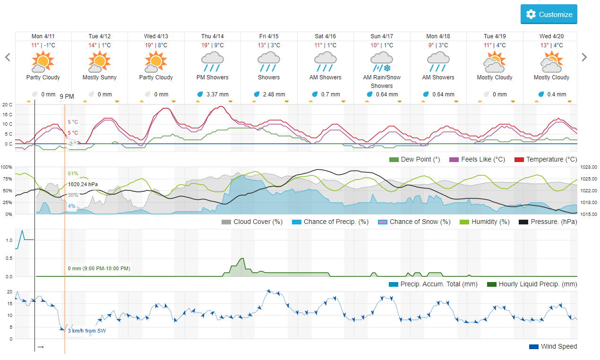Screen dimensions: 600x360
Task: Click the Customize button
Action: [549, 14]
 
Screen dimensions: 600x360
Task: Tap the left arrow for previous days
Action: [8, 57]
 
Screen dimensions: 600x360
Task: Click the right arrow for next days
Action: [584, 57]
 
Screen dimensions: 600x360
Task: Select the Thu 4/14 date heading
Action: [213, 36]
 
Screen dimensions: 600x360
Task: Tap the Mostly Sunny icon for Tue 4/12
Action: [99, 61]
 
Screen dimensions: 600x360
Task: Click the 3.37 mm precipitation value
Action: [217, 94]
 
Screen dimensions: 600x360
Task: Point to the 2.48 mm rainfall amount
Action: [274, 94]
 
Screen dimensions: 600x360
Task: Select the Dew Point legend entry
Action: [415, 159]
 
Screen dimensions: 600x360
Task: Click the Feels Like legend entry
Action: [477, 159]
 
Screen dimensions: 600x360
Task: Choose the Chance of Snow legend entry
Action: [414, 222]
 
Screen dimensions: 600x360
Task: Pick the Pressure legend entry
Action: [548, 222]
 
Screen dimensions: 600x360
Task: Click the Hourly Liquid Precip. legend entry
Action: [532, 284]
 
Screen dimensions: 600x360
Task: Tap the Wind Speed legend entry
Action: [553, 346]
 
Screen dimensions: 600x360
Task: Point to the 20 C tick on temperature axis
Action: [7, 105]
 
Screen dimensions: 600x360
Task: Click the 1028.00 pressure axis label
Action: [589, 167]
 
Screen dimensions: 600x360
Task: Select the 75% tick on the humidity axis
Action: [7, 179]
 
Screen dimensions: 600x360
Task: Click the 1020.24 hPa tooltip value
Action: [83, 184]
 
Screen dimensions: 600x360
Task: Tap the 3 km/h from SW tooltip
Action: [87, 331]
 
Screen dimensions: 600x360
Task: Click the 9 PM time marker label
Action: [67, 96]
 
